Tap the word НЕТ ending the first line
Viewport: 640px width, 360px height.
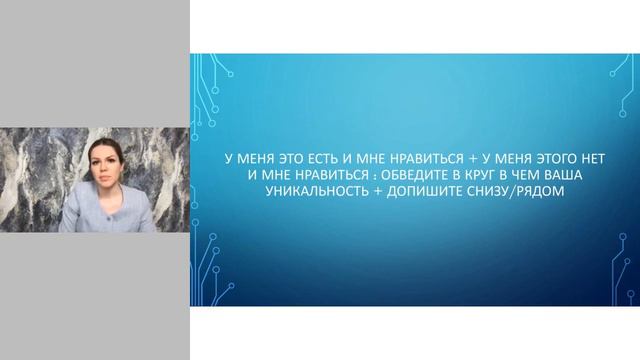point(590,159)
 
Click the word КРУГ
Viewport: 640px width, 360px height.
point(473,175)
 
